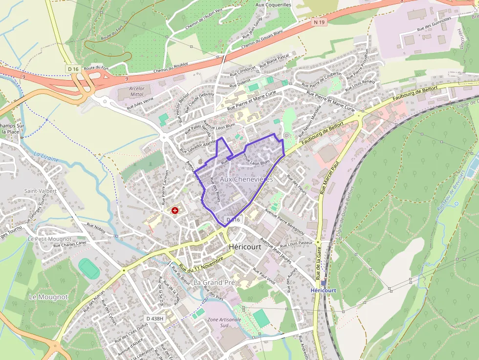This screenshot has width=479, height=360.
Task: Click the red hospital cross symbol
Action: coord(174,210)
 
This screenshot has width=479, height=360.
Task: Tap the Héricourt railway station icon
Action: coord(324,283)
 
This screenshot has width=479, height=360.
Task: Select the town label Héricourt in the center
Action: coord(245,247)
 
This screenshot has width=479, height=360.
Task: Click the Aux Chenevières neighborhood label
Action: coord(246,180)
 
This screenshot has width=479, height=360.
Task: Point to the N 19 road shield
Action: coord(320,22)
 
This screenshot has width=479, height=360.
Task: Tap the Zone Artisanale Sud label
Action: coord(224,322)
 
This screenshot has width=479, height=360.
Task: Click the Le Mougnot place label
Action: coord(48,297)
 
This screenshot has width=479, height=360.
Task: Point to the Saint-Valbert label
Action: coord(40,191)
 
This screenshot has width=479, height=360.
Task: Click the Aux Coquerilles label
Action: coord(274,5)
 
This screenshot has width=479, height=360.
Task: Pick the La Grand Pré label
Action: coord(214,283)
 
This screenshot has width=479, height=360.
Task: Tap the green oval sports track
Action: coord(89,269)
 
